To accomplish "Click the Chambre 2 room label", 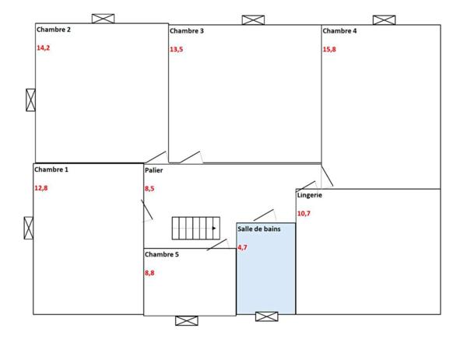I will [x=54, y=30].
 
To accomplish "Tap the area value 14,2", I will [x=43, y=47].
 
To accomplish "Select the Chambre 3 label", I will [x=187, y=31].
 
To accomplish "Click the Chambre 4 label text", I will [x=339, y=31].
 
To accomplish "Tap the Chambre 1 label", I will [x=51, y=169].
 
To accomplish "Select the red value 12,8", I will [x=40, y=187].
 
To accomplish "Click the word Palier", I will [x=153, y=170].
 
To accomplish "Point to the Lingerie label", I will [x=309, y=195].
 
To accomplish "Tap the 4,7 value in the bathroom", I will [x=242, y=247].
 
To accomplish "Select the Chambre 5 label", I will [x=162, y=254].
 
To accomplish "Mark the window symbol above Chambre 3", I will [x=253, y=19].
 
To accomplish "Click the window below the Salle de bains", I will [x=266, y=316].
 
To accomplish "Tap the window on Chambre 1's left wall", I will [x=29, y=228].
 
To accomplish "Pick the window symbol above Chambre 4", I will [x=384, y=19].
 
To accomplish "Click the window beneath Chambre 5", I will [x=187, y=320].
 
